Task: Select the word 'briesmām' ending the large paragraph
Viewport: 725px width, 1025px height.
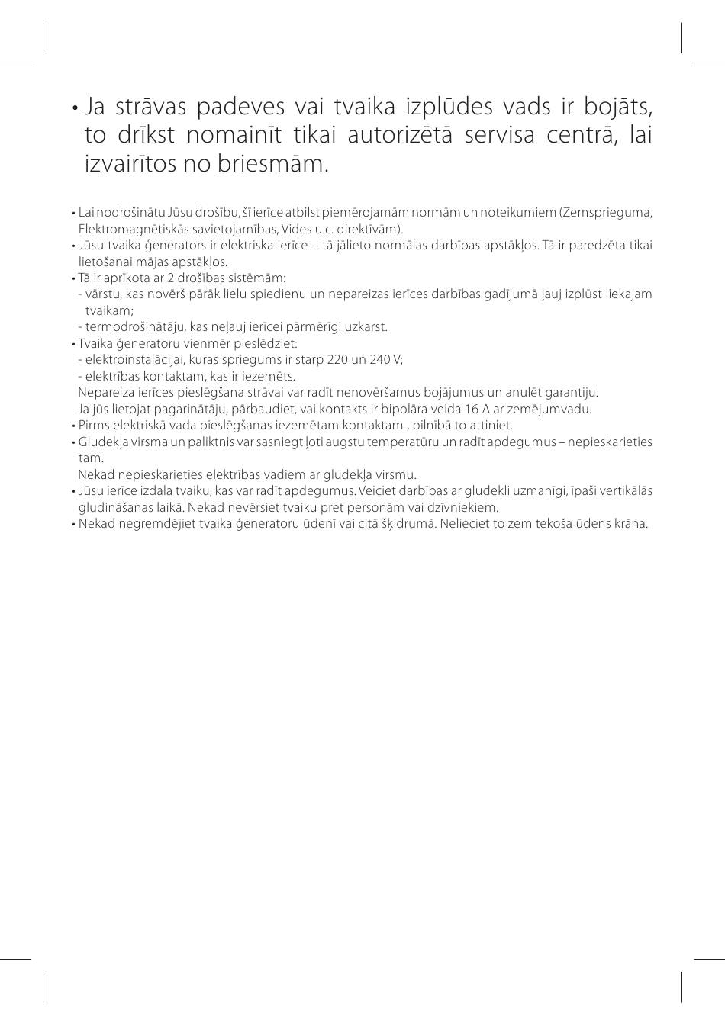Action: pos(285,163)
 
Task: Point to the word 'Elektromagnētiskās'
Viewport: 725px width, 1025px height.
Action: pos(127,229)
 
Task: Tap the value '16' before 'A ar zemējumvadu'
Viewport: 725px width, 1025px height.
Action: pos(471,409)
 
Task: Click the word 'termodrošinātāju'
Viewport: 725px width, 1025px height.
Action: pos(131,327)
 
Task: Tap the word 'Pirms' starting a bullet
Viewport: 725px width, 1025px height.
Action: pos(92,426)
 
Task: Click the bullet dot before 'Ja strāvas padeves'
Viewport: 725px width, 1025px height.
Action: pos(74,108)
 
